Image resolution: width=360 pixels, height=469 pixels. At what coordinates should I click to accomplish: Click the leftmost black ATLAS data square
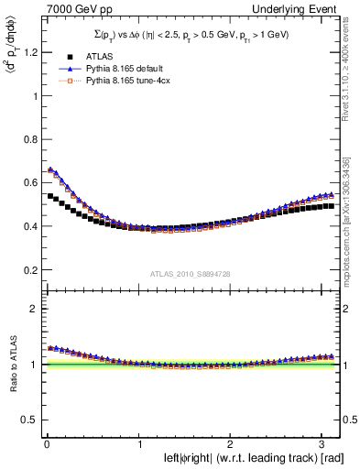tap(50, 196)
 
